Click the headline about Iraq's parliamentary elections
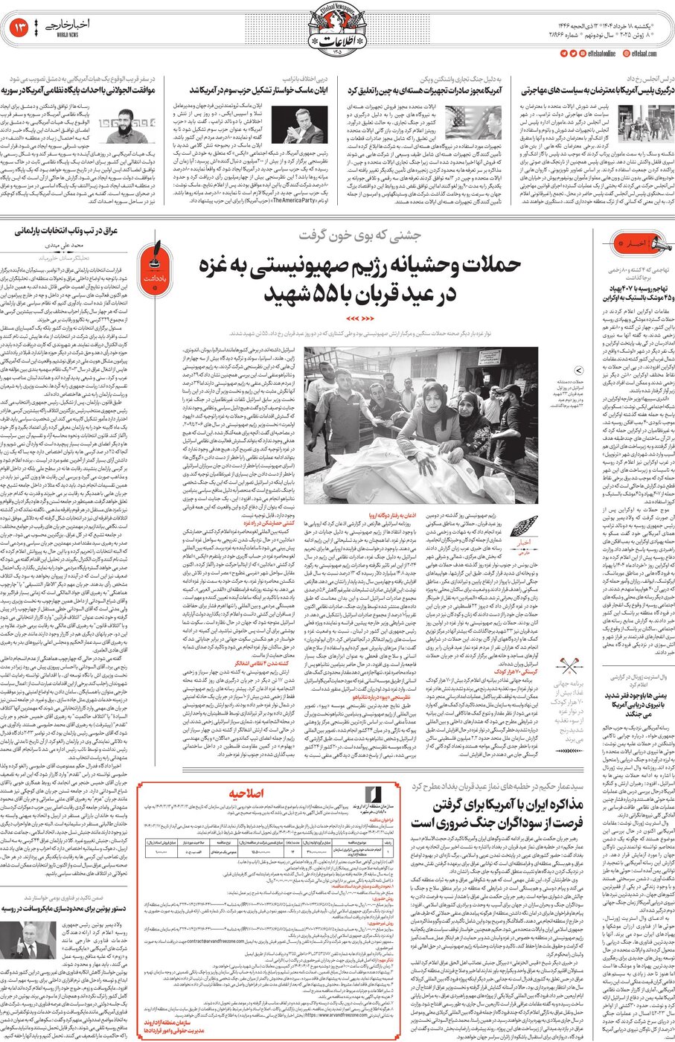[67, 231]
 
